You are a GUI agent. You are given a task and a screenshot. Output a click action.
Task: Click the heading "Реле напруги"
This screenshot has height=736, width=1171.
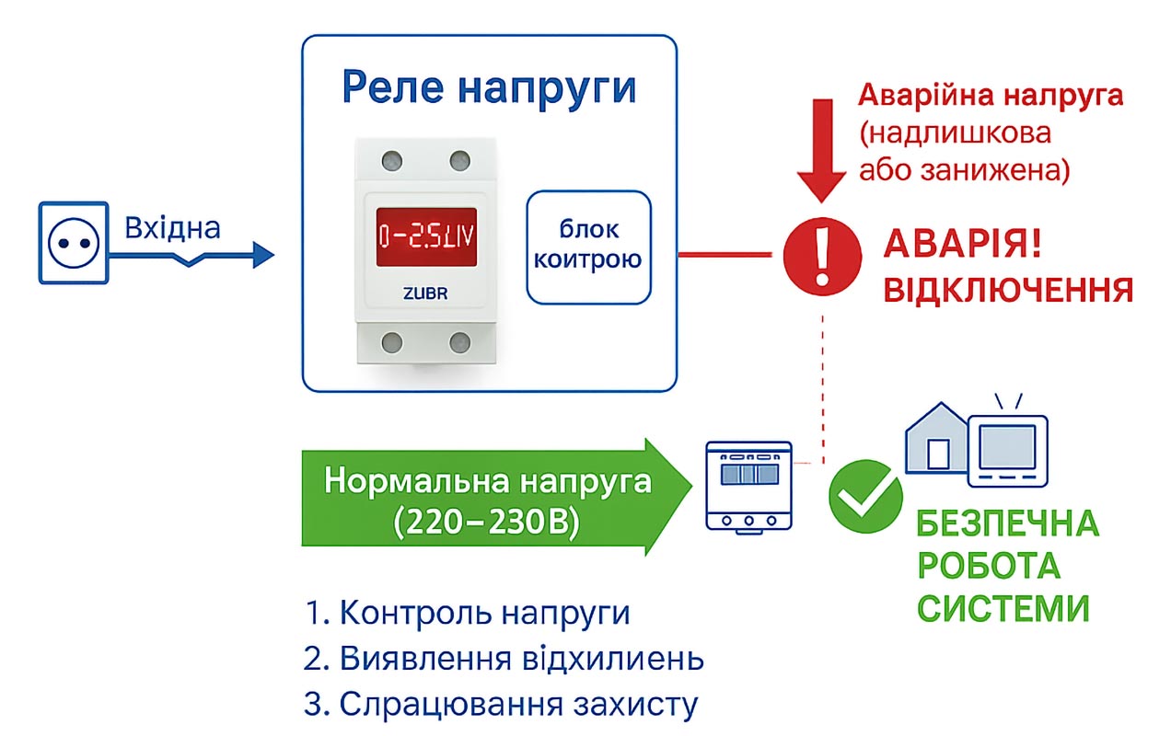pyautogui.click(x=489, y=88)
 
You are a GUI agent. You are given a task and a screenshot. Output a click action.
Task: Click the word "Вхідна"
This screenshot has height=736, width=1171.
pyautogui.click(x=172, y=227)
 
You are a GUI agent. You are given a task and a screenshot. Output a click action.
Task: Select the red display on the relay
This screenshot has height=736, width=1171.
pyautogui.click(x=425, y=236)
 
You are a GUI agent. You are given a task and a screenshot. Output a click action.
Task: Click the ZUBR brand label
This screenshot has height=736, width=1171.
pyautogui.click(x=425, y=294)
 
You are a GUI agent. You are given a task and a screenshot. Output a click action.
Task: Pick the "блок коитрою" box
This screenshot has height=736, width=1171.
pyautogui.click(x=588, y=246)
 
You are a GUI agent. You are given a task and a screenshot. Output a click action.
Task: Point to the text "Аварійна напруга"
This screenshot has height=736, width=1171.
pyautogui.click(x=991, y=95)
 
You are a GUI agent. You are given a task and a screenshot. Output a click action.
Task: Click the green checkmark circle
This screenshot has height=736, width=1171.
pyautogui.click(x=865, y=497)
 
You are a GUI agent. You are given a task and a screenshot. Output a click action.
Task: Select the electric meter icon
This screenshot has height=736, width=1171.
pyautogui.click(x=748, y=485)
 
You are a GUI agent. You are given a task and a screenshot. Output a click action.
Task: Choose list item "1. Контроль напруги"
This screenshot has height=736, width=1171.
pyautogui.click(x=468, y=613)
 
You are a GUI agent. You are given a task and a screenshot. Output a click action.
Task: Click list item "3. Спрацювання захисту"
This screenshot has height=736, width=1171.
pyautogui.click(x=501, y=704)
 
